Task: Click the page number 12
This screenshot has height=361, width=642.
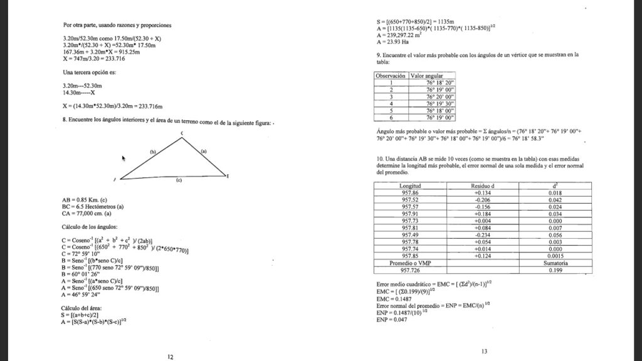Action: tap(170, 357)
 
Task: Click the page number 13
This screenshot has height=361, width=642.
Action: tap(484, 352)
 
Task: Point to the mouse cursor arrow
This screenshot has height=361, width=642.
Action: tap(124, 159)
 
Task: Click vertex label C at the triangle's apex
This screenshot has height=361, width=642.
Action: tap(182, 133)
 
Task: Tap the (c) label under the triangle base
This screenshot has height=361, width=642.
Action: tap(179, 180)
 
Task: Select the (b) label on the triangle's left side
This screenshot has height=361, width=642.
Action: tap(152, 152)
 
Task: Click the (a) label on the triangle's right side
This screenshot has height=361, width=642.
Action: tap(203, 151)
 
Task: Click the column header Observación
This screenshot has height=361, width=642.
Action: tap(391, 75)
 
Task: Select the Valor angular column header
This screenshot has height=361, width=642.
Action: tap(427, 75)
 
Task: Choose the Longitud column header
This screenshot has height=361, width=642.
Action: tap(410, 186)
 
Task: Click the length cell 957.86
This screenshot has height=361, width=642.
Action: tap(410, 192)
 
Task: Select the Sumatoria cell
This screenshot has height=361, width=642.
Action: tap(555, 264)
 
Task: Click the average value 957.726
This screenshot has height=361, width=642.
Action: tap(410, 271)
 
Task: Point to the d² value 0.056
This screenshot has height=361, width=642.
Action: tap(555, 236)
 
